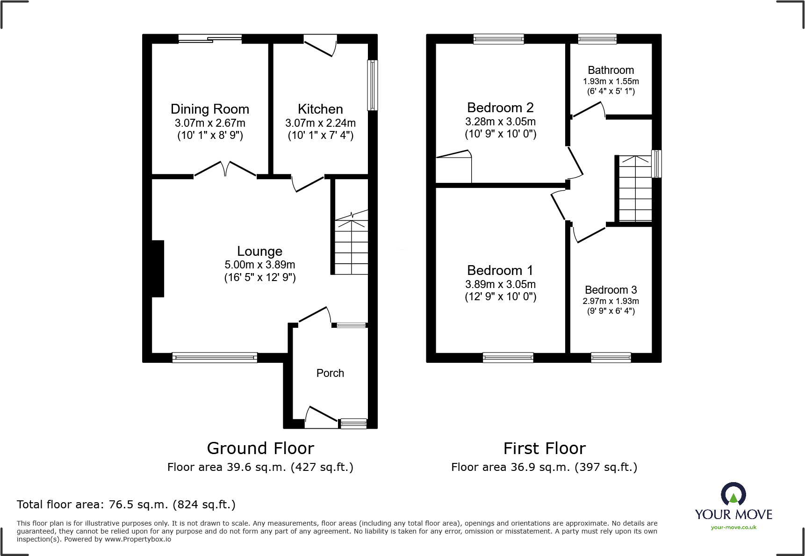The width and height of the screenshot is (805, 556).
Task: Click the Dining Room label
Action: point(209,109)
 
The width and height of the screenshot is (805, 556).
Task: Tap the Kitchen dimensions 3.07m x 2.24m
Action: point(320,123)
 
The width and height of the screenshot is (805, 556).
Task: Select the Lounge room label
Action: point(259,251)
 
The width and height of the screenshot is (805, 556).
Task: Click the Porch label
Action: point(330,373)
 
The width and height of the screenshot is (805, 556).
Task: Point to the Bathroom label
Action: point(611,70)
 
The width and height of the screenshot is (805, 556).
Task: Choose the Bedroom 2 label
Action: point(500,108)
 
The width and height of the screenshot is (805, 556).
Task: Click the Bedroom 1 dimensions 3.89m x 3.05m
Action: point(500,284)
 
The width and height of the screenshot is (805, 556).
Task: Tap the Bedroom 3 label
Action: point(611,290)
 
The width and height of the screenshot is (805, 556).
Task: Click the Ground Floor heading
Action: point(260,448)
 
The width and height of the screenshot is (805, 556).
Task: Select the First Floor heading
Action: point(544,448)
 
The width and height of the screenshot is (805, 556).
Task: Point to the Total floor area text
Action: point(126,505)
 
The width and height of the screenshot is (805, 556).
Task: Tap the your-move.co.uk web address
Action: point(733,527)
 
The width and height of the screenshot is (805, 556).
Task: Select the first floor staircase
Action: point(635,189)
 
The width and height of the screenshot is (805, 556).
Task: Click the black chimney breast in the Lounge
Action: point(158,268)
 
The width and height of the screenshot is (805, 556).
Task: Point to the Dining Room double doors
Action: point(225,169)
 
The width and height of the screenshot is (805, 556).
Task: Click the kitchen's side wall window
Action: point(373,85)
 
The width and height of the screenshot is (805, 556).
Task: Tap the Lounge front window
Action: point(215,358)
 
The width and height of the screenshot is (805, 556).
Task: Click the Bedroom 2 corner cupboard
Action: point(453,168)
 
